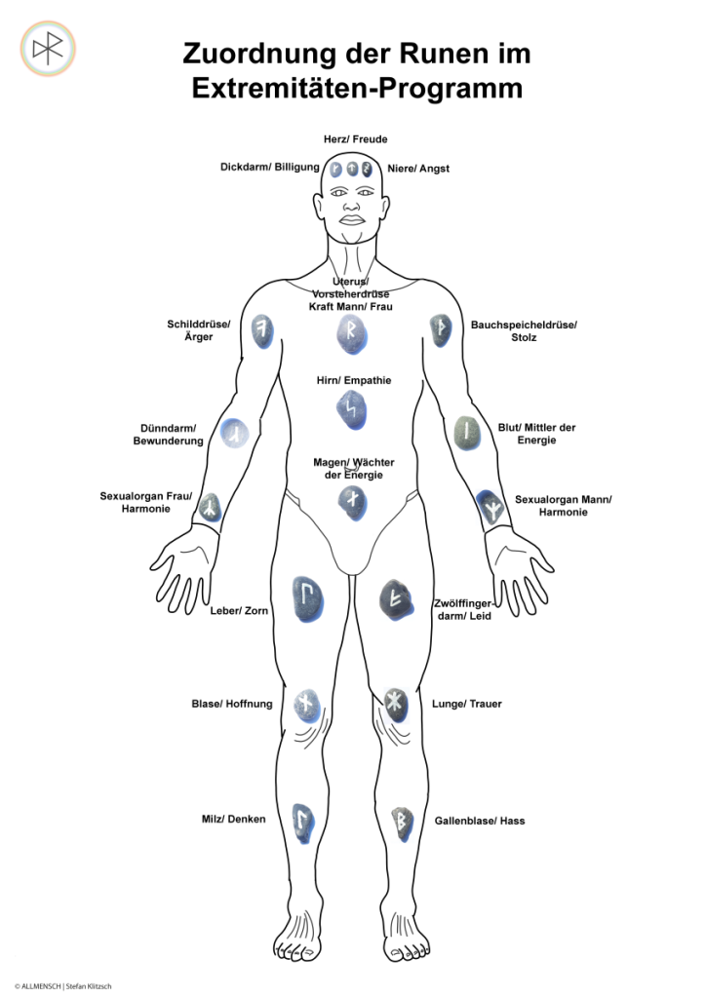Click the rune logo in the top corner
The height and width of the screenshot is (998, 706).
click(x=48, y=48)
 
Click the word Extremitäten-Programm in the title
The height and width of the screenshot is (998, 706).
click(x=357, y=88)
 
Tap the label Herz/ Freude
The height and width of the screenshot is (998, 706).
click(x=356, y=139)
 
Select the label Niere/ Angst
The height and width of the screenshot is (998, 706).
click(x=418, y=169)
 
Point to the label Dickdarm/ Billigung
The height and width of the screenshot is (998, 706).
click(x=270, y=168)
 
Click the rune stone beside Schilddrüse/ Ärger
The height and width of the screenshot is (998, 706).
click(x=261, y=330)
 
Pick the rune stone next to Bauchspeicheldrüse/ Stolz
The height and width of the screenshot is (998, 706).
click(x=440, y=330)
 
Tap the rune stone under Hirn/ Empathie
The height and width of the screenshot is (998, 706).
click(x=350, y=410)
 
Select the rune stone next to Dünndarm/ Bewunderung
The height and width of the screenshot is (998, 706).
click(x=234, y=433)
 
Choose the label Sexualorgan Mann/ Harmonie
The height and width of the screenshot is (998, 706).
click(x=563, y=506)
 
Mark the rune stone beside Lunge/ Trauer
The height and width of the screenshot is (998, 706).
click(x=394, y=703)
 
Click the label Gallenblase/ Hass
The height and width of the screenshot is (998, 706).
click(x=480, y=821)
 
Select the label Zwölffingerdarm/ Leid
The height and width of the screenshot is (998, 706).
click(x=464, y=610)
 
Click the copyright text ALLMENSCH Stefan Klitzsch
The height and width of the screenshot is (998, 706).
click(x=62, y=986)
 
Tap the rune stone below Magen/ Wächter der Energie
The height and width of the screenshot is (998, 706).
click(x=352, y=502)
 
